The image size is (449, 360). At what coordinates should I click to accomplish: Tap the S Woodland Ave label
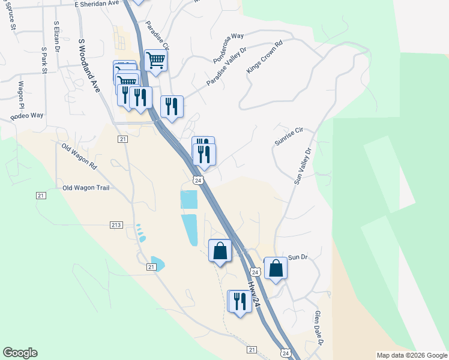click(x=89, y=66)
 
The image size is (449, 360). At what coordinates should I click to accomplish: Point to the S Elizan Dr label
click(x=57, y=37)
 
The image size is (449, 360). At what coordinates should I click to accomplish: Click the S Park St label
click(x=44, y=61)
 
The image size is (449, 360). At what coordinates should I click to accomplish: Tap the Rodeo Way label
click(x=27, y=116)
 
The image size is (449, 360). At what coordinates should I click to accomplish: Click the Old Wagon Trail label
click(x=86, y=188)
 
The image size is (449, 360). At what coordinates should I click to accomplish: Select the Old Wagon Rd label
click(x=79, y=154)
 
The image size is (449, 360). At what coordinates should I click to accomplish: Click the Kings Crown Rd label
click(x=264, y=57)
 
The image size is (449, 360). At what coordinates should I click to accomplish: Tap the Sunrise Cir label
click(x=291, y=136)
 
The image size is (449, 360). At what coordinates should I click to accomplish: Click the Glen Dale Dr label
click(x=319, y=328)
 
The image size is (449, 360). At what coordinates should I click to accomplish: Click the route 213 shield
click(x=116, y=225)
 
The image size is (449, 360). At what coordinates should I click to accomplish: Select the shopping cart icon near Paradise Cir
click(x=155, y=60)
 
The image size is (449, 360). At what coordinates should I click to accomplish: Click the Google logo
click(x=20, y=353)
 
